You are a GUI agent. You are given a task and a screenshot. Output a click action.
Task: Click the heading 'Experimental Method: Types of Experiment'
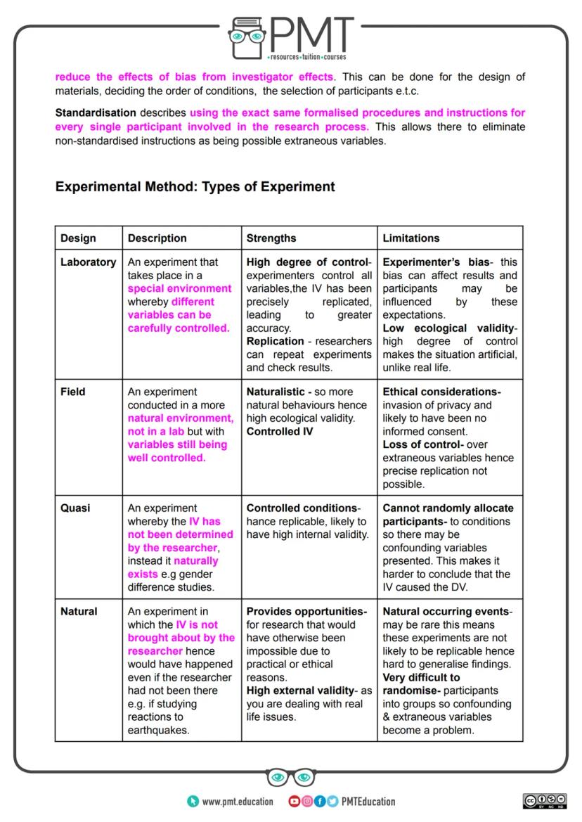[195, 187]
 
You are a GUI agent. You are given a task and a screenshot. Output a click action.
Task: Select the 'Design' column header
[78, 238]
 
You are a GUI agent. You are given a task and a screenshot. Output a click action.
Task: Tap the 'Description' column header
[157, 238]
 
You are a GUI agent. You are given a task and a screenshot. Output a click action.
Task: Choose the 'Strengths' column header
[271, 238]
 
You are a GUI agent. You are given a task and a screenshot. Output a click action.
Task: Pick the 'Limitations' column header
[411, 238]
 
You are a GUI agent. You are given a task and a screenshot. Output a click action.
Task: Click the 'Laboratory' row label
[89, 262]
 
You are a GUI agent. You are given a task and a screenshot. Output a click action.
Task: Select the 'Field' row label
[72, 392]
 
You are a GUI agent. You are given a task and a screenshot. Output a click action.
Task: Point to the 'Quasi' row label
[75, 508]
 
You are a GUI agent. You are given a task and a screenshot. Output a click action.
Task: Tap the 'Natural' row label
[79, 612]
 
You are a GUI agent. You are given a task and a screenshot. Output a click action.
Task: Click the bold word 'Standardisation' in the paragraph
[96, 113]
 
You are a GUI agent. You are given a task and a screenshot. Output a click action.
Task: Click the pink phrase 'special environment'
[179, 288]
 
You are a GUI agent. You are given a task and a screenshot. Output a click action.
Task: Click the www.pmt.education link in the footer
[237, 802]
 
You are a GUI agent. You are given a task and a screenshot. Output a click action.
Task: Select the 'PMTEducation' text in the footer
[368, 802]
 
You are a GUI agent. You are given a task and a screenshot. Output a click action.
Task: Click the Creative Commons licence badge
[546, 801]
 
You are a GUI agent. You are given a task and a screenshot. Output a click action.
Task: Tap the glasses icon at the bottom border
[291, 777]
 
